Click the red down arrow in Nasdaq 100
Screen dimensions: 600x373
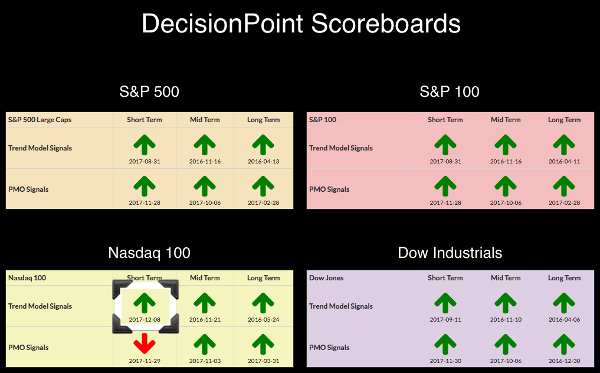point(145,343)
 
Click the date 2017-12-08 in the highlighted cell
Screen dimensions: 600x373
point(145,319)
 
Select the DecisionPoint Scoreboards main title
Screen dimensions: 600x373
point(301,24)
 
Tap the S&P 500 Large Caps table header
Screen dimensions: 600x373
point(40,119)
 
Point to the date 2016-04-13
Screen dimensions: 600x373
point(263,161)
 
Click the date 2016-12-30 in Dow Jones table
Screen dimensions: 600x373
point(564,361)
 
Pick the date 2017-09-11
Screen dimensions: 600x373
point(445,319)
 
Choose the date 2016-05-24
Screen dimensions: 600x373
point(263,319)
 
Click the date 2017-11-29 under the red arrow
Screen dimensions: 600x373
point(145,361)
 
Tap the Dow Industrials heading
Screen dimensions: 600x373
point(450,253)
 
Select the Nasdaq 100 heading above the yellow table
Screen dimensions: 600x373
point(149,253)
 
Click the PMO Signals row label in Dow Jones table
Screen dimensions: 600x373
point(329,348)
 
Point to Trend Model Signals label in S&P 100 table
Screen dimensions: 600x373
point(341,148)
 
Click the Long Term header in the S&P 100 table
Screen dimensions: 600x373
point(564,119)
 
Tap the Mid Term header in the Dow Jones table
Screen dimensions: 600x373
point(506,277)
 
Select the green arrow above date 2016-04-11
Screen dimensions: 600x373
point(564,145)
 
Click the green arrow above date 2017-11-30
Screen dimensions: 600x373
point(445,343)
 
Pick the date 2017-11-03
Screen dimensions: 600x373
point(205,361)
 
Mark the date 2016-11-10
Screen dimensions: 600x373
point(506,319)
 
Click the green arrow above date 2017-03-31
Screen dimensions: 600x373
point(263,343)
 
